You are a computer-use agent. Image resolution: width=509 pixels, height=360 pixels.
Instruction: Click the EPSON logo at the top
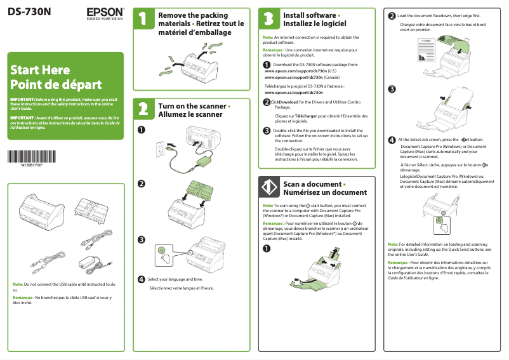tap(105, 13)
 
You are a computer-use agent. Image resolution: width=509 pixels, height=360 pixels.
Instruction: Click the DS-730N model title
tap(31, 12)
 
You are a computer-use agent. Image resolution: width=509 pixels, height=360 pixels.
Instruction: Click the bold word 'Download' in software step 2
tap(288, 102)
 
